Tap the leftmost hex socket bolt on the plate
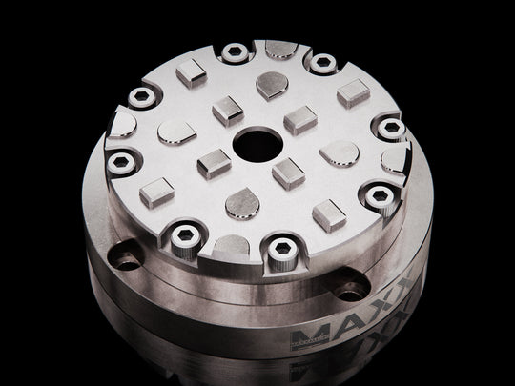pyautogui.click(x=119, y=163)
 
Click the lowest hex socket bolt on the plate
pyautogui.click(x=281, y=250)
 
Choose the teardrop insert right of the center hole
pyautogui.click(x=339, y=152)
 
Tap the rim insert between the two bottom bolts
pyautogui.click(x=233, y=245)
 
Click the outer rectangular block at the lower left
pyautogui.click(x=156, y=192)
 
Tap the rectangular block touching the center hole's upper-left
pyautogui.click(x=228, y=111)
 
